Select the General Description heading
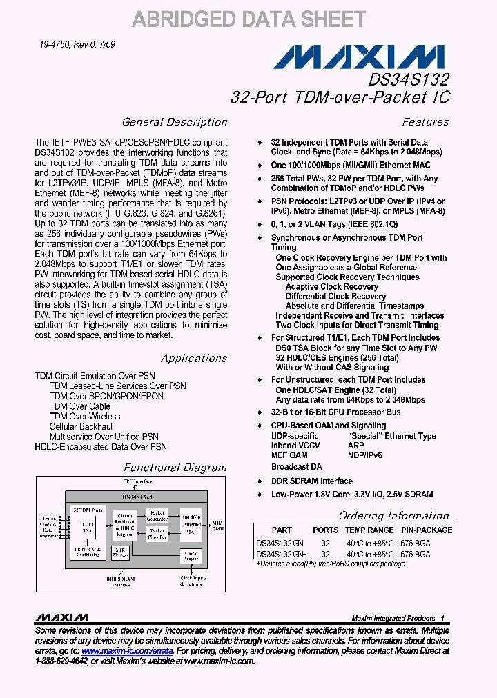tap(175, 122)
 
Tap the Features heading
tap(425, 122)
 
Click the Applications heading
tap(194, 358)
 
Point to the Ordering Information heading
tap(393, 516)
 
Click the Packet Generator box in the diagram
tap(157, 515)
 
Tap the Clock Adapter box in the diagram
tap(191, 555)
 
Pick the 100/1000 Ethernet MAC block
tap(191, 523)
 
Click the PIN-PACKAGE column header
tap(427, 530)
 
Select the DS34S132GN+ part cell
tap(280, 554)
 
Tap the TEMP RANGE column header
tap(369, 530)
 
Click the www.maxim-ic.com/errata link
tap(127, 650)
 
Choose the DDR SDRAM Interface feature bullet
tap(311, 481)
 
